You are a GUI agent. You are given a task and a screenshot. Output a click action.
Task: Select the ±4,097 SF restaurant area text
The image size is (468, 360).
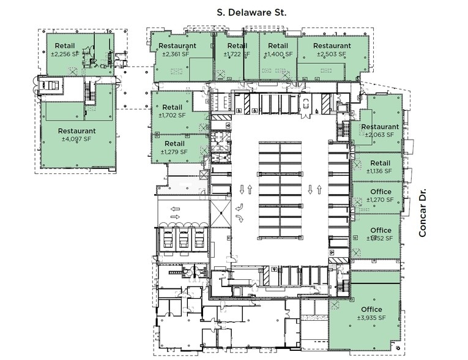(76, 139)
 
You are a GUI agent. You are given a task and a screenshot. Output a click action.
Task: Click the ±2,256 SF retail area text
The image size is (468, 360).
(65, 54)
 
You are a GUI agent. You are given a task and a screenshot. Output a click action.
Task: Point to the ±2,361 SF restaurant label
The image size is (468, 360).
(177, 54)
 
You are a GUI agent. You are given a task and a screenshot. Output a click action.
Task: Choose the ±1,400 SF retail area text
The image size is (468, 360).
(278, 54)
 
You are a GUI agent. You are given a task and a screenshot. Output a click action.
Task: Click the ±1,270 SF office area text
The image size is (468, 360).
(381, 200)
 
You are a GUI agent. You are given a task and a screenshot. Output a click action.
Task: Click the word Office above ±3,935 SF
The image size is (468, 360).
(371, 309)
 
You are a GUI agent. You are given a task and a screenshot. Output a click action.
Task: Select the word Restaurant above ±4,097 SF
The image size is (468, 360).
(76, 130)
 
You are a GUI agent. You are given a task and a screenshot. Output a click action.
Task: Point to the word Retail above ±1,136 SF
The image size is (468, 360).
(380, 162)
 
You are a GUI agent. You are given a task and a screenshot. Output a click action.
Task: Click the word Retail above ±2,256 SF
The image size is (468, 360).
(65, 45)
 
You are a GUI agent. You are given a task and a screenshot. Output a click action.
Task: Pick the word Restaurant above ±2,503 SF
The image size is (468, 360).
(332, 45)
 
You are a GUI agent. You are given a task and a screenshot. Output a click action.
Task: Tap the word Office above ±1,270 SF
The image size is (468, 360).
(381, 192)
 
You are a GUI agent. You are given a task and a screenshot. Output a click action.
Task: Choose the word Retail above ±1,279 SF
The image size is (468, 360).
(175, 143)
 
